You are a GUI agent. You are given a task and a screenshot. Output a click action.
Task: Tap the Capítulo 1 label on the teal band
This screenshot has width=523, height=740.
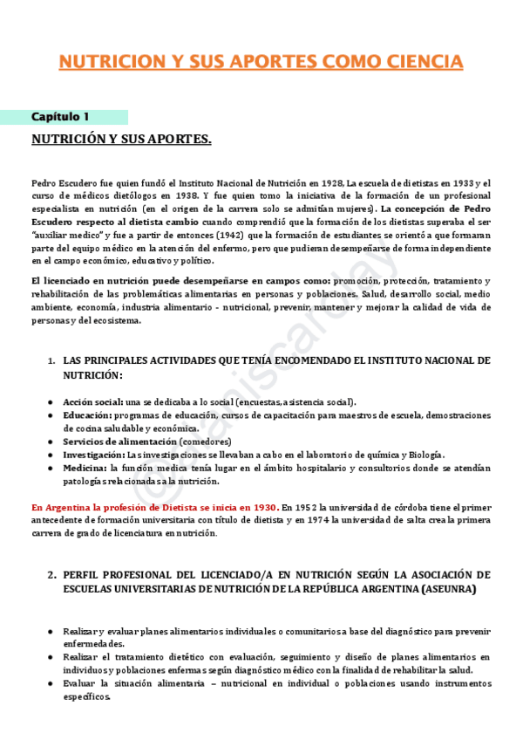pos(60,117)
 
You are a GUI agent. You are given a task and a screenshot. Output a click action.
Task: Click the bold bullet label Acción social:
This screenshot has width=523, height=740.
pos(92,401)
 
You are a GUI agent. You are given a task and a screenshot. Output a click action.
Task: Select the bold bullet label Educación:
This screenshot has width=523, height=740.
pos(86,415)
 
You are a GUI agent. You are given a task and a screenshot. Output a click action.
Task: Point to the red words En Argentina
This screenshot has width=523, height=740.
pos(58,507)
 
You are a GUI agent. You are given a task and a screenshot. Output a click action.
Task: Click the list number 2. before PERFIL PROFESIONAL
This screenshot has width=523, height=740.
pos(51,575)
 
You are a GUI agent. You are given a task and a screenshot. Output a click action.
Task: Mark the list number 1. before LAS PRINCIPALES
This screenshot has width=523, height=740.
pos(51,360)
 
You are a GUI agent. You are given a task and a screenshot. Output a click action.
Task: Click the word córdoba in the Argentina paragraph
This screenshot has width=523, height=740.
pos(392,507)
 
